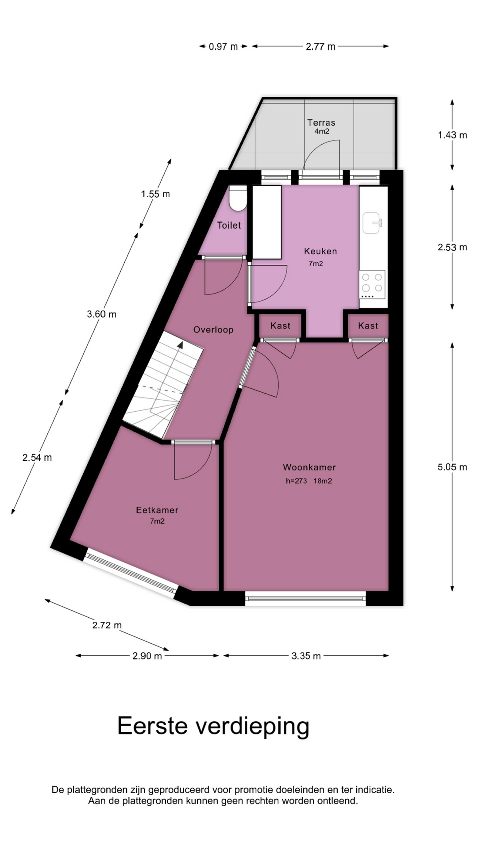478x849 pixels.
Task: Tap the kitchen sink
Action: coord(372,222)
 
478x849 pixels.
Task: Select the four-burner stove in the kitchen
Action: coord(372,284)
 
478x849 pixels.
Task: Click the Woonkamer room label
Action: coord(309,467)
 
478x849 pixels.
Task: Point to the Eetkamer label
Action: coord(157,510)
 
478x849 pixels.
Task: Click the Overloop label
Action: coord(213,329)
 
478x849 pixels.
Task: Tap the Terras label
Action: coord(321,122)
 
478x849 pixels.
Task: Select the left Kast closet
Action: coord(281,326)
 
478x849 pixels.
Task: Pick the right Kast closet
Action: coord(368,326)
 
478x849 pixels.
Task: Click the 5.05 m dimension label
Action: coord(452,467)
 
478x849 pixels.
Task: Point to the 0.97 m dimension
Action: coord(224,46)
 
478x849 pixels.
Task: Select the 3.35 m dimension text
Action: coord(306,656)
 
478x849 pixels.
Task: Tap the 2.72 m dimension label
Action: coord(107,625)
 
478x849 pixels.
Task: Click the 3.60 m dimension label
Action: coord(102,314)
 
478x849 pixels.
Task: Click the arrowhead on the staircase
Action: coord(180,344)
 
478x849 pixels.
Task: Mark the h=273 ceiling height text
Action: coord(297,481)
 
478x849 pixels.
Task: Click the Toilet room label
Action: coord(229,226)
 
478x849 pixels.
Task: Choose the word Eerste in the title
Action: coord(153,726)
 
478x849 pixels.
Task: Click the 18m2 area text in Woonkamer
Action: coord(323,481)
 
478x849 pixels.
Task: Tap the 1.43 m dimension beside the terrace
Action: coord(452,135)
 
